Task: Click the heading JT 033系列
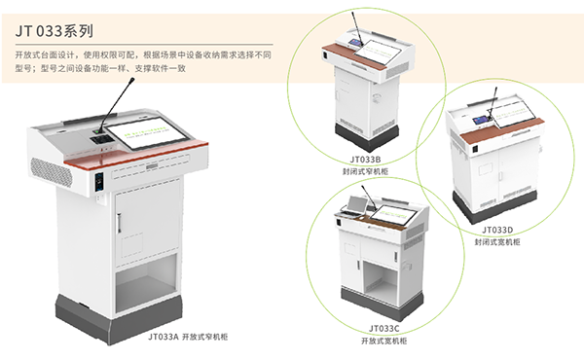pos(55,31)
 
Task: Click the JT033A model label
pos(164,337)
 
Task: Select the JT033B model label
pos(365,160)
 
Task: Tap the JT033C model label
pos(384,328)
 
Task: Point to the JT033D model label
pos(497,230)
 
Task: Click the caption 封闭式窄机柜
pos(365,171)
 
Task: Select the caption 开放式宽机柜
pos(384,341)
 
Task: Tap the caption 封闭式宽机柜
pos(497,242)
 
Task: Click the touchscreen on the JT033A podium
pos(146,133)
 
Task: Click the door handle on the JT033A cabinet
pos(119,223)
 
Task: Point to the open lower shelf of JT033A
pos(146,283)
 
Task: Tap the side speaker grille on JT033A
pos(51,172)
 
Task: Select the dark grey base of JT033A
pos(119,319)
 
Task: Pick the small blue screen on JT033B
pos(354,42)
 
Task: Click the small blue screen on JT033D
pos(481,120)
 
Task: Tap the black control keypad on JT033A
pos(101,139)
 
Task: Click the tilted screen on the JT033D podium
pos(514,113)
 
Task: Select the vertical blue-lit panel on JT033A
pos(99,181)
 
